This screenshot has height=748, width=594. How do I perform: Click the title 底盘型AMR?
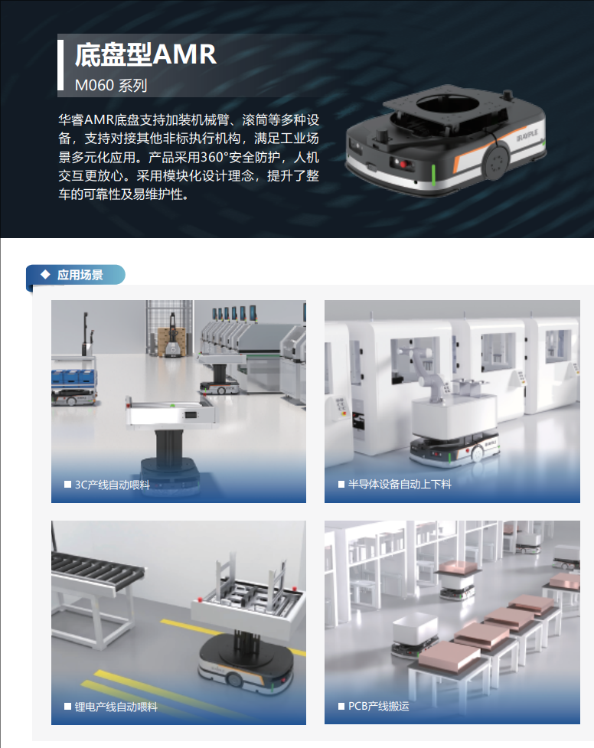[x=145, y=54]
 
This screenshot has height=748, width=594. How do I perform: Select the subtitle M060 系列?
[x=111, y=86]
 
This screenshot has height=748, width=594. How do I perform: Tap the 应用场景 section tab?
[x=76, y=275]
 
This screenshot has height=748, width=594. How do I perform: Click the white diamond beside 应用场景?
[x=45, y=274]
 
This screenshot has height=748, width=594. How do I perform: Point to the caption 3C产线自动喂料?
[x=112, y=485]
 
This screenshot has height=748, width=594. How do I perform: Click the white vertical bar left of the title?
[x=60, y=65]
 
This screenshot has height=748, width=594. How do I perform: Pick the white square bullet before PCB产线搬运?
[x=341, y=706]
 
